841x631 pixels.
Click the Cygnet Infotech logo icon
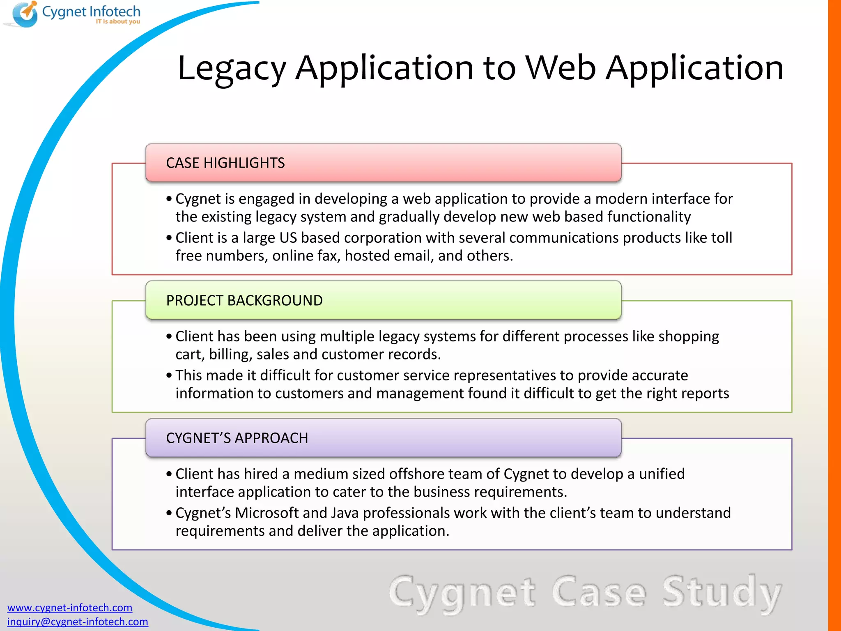click(x=25, y=14)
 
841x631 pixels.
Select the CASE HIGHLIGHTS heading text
click(x=225, y=163)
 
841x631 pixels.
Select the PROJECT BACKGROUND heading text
click(x=244, y=301)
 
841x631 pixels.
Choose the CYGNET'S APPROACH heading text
click(x=237, y=438)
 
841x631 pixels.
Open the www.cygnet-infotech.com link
click(x=70, y=608)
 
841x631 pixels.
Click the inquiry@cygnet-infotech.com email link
click(x=78, y=622)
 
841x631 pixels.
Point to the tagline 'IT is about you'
click(x=118, y=21)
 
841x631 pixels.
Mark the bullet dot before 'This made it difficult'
click(x=169, y=375)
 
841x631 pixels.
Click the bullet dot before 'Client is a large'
click(x=169, y=238)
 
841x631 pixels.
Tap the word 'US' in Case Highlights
click(x=288, y=238)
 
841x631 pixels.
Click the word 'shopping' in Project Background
click(x=689, y=336)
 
